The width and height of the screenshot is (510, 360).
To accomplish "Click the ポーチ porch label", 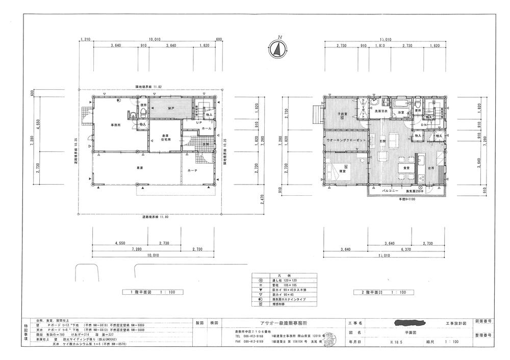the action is click(x=193, y=170).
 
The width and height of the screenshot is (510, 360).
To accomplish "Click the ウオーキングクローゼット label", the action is click(x=345, y=141).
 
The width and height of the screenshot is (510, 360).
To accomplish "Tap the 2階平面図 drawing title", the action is click(x=381, y=293).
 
